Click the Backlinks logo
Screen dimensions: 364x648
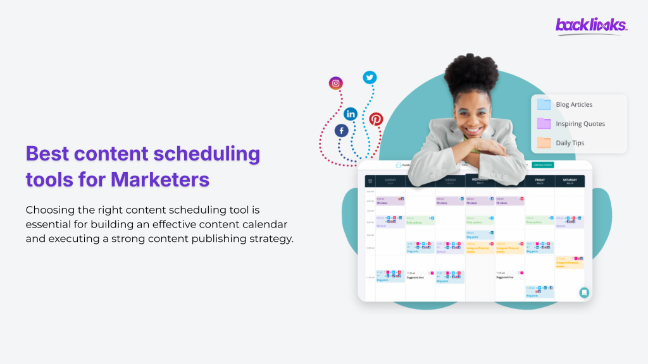[591, 25]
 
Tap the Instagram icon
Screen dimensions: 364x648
[335, 83]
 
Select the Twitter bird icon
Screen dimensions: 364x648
[370, 77]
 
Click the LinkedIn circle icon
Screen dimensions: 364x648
[351, 114]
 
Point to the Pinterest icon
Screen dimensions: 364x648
[377, 119]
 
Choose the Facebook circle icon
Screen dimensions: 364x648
[342, 130]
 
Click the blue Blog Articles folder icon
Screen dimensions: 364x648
[544, 104]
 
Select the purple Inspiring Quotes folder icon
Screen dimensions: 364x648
[544, 123]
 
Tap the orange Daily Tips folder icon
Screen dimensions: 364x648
[544, 143]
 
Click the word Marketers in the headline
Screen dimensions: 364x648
[160, 179]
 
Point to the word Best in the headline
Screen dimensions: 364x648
[47, 154]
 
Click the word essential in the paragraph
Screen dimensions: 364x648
[50, 224]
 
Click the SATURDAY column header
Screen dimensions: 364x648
[570, 180]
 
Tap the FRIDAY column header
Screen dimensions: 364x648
[540, 180]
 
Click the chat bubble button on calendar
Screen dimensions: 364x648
[584, 292]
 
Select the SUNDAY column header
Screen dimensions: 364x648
[390, 180]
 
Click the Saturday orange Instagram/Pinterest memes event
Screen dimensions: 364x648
[570, 262]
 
